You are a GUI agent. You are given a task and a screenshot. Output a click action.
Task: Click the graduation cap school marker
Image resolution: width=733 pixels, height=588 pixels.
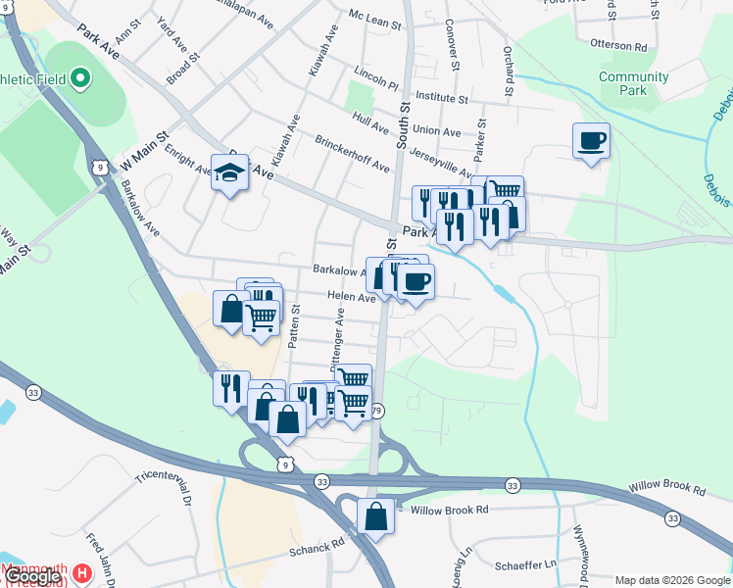click(x=229, y=173)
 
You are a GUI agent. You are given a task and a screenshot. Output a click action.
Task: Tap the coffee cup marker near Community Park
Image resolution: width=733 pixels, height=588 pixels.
click(x=591, y=141)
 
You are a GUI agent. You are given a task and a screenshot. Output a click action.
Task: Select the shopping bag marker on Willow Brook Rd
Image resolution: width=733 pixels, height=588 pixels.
click(x=375, y=514)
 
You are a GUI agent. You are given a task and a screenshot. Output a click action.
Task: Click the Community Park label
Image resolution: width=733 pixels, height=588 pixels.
click(x=633, y=83)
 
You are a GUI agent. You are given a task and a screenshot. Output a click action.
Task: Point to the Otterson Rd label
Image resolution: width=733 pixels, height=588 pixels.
click(x=619, y=46)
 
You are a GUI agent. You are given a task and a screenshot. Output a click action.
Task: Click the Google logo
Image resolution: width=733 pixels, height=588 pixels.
click(x=32, y=577)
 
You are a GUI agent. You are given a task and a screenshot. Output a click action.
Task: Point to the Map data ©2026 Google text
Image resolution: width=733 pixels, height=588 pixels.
click(x=671, y=580)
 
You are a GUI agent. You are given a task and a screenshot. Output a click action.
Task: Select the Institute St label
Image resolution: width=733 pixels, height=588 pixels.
click(x=442, y=98)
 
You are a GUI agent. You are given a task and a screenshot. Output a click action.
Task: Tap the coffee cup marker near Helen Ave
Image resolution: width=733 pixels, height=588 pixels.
click(x=415, y=282)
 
